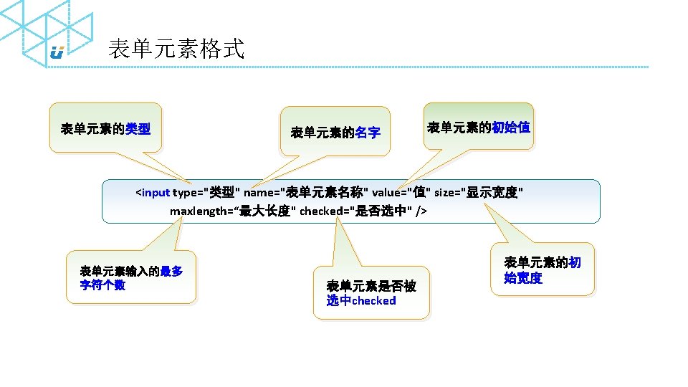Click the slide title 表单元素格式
point(176,49)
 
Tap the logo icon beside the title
point(57,52)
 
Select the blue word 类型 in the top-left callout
point(138,129)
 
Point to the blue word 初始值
point(511,128)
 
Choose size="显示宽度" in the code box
point(479,192)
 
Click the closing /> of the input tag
point(421,211)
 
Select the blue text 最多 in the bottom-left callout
point(171,271)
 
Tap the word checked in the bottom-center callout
point(373,301)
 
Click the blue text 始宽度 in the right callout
point(523,278)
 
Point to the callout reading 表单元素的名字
point(335,132)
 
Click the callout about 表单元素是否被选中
point(373,292)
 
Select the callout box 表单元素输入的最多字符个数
point(130,278)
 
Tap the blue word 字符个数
point(103,285)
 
